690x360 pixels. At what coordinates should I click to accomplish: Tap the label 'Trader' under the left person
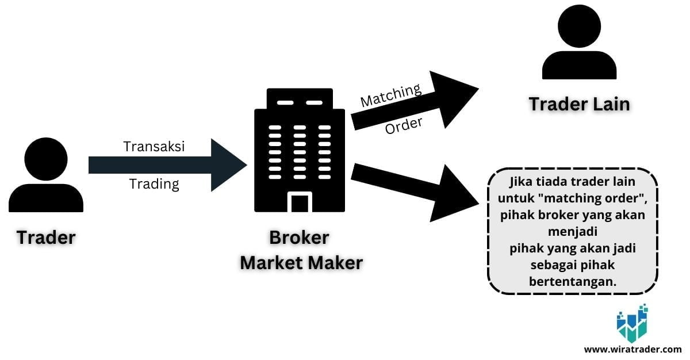[46, 237]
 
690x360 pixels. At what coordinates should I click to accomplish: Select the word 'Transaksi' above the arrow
[154, 147]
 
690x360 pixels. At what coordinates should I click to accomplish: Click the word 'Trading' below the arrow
[154, 184]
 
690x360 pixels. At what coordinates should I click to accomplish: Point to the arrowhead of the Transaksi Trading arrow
[230, 165]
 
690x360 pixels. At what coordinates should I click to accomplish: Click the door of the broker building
[299, 202]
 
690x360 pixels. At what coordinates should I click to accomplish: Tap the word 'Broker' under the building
[299, 237]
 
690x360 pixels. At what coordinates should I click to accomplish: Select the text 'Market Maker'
[301, 263]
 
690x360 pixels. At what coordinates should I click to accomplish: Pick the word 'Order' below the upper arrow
[404, 125]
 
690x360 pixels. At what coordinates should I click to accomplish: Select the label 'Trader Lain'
[579, 104]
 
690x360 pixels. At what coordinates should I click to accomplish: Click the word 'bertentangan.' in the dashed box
[572, 281]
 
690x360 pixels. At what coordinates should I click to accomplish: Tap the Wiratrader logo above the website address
[631, 324]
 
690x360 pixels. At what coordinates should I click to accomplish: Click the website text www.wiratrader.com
[632, 348]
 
